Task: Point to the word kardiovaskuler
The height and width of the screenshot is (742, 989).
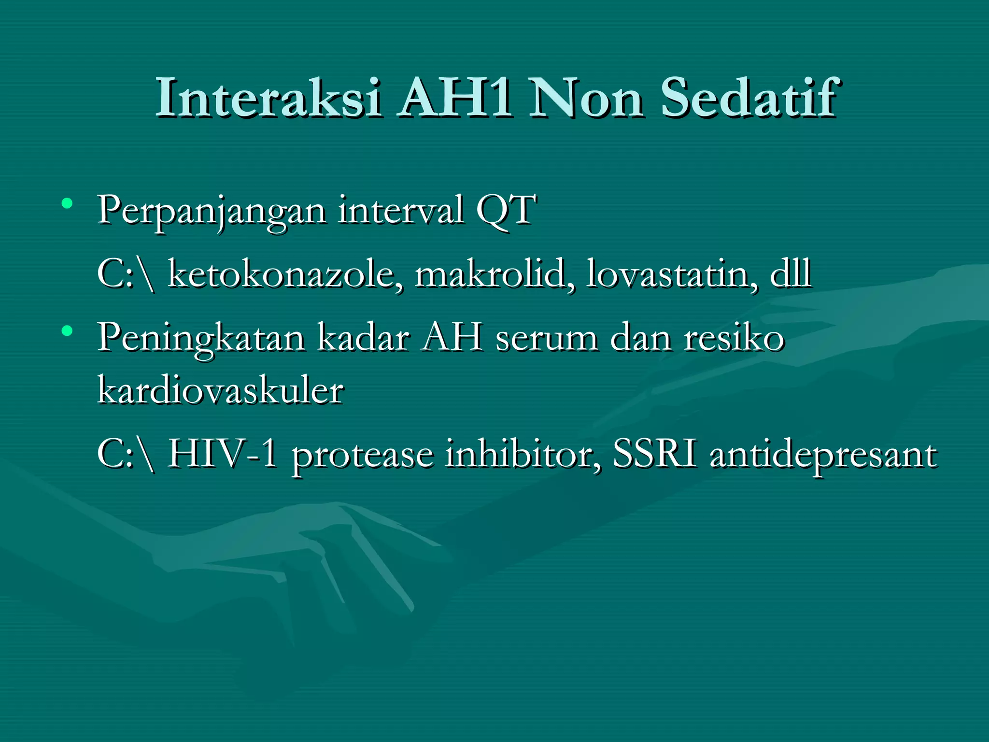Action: [x=221, y=389]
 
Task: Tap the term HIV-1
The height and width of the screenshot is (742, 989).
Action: [x=222, y=454]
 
